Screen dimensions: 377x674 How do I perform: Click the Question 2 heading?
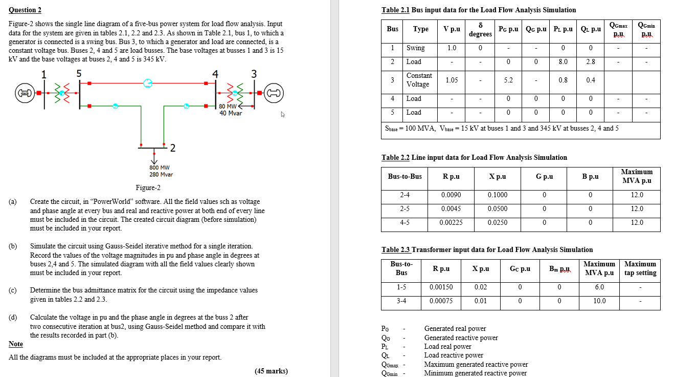[25, 10]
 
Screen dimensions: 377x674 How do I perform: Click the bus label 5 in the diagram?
[79, 73]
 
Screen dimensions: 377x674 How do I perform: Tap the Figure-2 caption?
[148, 187]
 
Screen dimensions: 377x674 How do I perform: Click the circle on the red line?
[148, 82]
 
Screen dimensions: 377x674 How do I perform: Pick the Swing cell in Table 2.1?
[416, 48]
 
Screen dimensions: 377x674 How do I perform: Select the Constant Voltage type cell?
[419, 80]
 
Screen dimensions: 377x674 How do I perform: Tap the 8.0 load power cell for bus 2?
[563, 61]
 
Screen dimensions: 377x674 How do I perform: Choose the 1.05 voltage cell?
[452, 80]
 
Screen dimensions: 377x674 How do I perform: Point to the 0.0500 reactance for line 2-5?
[497, 209]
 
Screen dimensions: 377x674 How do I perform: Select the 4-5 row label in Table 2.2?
[405, 223]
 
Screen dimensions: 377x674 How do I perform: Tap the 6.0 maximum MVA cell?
[599, 287]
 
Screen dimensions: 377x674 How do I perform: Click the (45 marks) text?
[271, 371]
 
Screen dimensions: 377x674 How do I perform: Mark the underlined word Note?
[16, 344]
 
